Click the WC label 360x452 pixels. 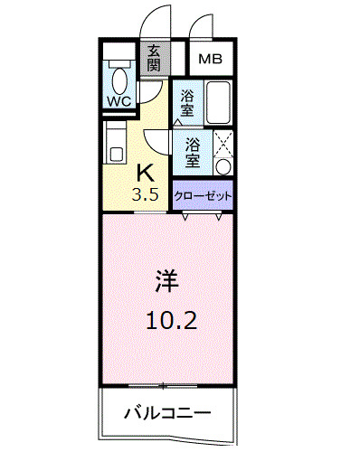[x=118, y=101]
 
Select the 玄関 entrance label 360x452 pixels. [x=154, y=59]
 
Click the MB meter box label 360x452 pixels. [x=210, y=60]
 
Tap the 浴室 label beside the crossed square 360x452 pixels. [x=193, y=150]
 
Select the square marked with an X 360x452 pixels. [x=223, y=144]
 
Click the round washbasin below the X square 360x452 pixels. [x=224, y=167]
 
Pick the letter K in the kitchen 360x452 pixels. [x=146, y=173]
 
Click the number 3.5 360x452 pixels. [x=146, y=193]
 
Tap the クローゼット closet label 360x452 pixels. [x=202, y=193]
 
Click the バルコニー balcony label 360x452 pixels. [x=167, y=413]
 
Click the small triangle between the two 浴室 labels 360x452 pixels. [x=178, y=121]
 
